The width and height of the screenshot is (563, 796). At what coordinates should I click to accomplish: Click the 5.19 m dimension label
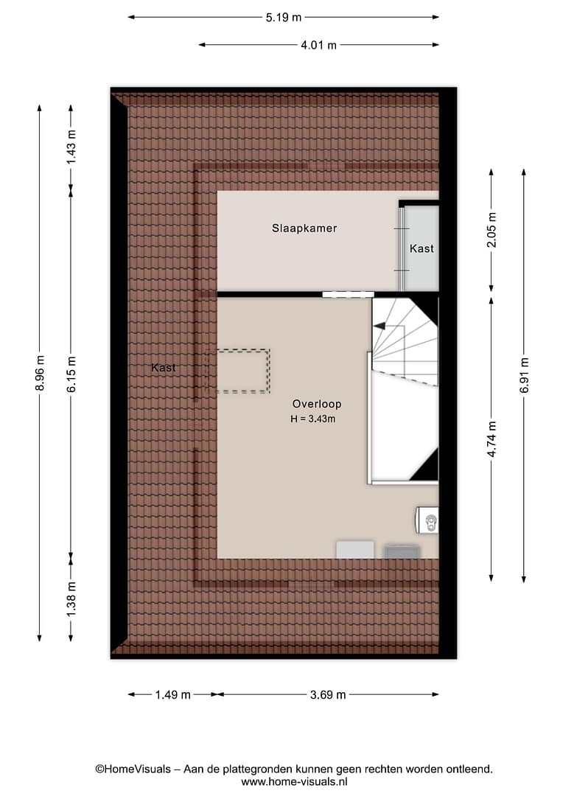[283, 17]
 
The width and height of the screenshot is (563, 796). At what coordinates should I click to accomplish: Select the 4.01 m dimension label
[318, 45]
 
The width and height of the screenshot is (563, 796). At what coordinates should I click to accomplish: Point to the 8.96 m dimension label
[40, 373]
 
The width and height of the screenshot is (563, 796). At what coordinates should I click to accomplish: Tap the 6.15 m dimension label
[71, 374]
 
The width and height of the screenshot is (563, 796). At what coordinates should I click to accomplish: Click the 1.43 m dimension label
[71, 147]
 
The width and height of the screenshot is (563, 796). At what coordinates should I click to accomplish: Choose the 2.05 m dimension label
[492, 229]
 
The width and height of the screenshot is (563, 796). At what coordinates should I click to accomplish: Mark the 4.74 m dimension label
[492, 439]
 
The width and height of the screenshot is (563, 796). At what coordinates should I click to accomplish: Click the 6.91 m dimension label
[524, 375]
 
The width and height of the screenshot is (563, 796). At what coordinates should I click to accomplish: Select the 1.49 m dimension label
[172, 694]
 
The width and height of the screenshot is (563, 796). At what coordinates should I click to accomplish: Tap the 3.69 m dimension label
[328, 694]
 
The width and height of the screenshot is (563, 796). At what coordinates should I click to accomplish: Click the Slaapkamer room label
[304, 228]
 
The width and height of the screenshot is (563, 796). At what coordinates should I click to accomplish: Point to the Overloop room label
[317, 404]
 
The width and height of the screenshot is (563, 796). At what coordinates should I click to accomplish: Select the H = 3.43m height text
[312, 419]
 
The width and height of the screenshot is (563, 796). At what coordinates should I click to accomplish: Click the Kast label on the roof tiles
[164, 368]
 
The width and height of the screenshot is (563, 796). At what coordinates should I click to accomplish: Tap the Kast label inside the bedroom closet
[422, 248]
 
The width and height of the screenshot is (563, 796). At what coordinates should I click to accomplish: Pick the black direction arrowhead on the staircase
[379, 327]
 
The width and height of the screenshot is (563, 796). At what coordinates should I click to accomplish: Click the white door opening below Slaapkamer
[349, 294]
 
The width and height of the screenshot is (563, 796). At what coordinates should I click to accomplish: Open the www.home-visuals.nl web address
[295, 782]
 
